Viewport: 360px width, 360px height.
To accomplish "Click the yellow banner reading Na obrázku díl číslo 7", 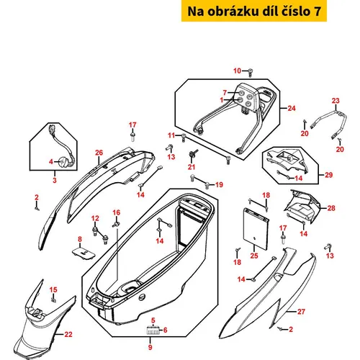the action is [x=254, y=11].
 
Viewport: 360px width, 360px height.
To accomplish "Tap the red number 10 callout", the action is [x=237, y=71].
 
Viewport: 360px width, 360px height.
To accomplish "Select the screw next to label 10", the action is [x=250, y=73].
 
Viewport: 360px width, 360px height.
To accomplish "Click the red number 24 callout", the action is [x=292, y=108].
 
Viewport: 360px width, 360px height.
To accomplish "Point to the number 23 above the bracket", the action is [x=336, y=101].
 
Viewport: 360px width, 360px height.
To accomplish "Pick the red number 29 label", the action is [x=328, y=175].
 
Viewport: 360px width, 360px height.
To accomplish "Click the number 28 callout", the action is [x=331, y=208].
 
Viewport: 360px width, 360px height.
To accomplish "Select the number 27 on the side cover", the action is [x=301, y=312].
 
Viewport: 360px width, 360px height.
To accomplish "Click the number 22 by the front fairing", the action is [x=68, y=334].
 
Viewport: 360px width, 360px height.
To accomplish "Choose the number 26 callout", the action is [x=99, y=153].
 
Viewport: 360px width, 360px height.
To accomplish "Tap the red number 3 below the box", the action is [x=55, y=180].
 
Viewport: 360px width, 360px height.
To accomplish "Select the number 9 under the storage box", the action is [x=150, y=347].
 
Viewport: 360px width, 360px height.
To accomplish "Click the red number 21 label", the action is [x=192, y=167].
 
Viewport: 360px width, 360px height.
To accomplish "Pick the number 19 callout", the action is [x=219, y=184].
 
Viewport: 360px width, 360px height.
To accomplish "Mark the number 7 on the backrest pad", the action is [x=225, y=92].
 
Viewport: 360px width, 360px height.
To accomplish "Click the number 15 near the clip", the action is [x=53, y=289].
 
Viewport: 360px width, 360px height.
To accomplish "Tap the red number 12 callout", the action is [x=95, y=218].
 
